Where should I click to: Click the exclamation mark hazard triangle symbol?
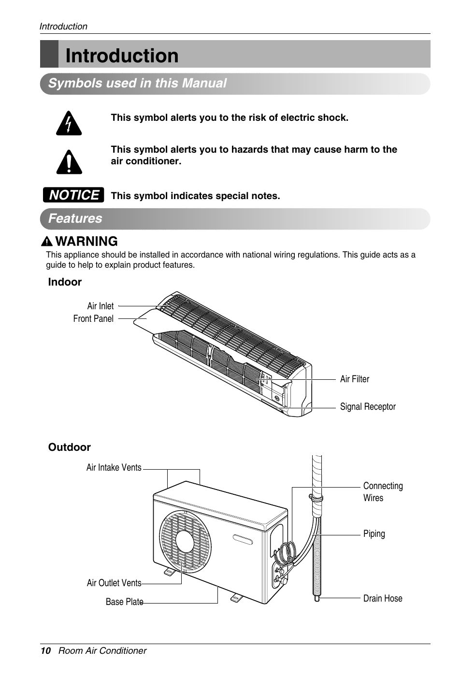(69, 163)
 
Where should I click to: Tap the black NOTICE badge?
(73, 195)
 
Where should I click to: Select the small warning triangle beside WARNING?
(47, 242)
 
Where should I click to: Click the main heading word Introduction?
(122, 56)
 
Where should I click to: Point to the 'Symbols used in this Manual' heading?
(137, 83)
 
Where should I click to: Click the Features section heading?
(75, 218)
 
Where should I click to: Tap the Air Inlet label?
(101, 306)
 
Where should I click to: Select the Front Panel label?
(93, 318)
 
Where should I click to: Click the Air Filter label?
(355, 379)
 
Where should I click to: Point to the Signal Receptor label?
(368, 407)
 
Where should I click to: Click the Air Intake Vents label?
(114, 467)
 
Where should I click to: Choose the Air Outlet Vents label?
(114, 583)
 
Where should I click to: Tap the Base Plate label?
(125, 602)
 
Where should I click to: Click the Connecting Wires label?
(383, 491)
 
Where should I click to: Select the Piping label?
(374, 533)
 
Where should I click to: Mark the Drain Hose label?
(383, 598)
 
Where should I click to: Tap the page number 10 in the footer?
(45, 650)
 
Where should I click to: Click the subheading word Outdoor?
(70, 447)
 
